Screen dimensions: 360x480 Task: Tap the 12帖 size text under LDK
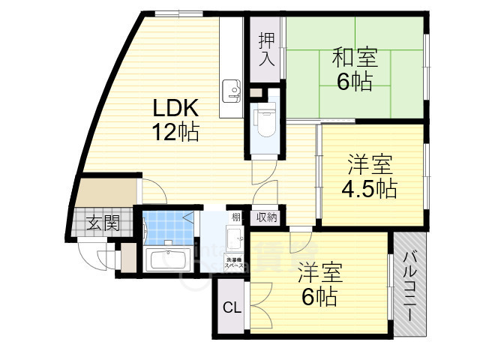176,133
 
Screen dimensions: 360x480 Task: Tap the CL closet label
232,307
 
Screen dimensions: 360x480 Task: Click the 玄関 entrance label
100,222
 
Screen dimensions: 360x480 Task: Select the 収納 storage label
267,218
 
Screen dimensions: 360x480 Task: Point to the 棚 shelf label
236,218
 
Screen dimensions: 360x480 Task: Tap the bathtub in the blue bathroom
168,260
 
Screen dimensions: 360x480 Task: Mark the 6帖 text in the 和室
354,82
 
